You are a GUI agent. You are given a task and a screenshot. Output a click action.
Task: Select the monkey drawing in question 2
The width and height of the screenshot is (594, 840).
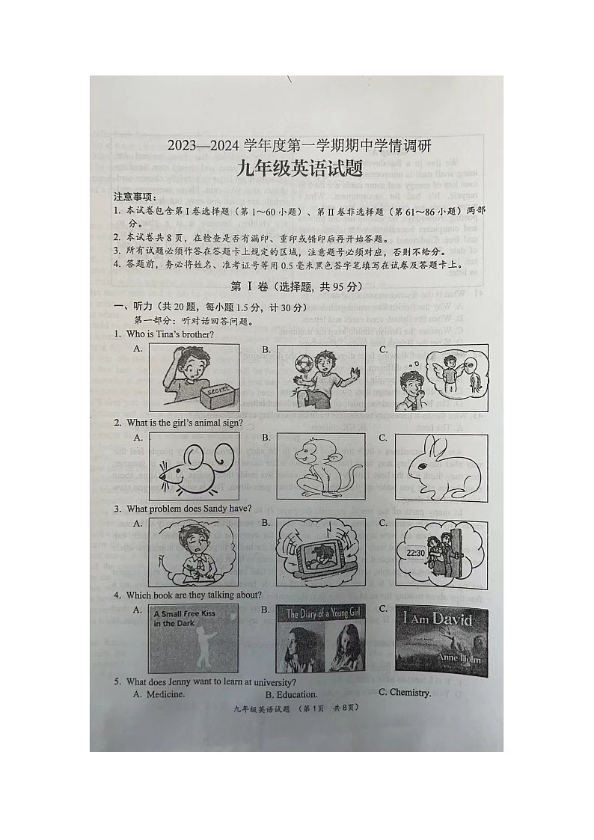click(320, 466)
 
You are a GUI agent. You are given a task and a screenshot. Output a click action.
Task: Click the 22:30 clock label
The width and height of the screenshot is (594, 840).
click(416, 553)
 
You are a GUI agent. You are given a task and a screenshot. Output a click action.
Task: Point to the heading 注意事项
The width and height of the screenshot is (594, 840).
click(135, 197)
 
